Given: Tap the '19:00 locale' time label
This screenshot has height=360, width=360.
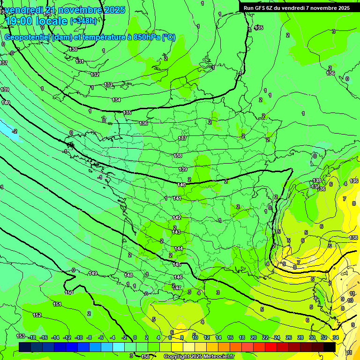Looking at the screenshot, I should (37, 21).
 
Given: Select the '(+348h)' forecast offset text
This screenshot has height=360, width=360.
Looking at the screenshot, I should (83, 21).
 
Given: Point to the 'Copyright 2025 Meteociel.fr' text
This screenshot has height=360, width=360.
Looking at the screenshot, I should (199, 356).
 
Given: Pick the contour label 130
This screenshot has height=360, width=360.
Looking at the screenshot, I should (73, 49).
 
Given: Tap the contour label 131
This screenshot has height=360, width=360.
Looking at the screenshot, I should (80, 61).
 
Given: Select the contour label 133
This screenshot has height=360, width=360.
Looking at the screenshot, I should (108, 84).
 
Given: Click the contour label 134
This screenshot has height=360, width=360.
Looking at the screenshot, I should (116, 100).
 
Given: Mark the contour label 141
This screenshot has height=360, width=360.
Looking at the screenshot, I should (177, 198).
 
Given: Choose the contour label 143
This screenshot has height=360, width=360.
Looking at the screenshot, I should (176, 232).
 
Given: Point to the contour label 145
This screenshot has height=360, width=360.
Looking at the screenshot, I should (177, 264).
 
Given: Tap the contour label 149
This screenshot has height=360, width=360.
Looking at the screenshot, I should (93, 273).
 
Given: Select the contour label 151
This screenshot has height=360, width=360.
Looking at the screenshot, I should (57, 304).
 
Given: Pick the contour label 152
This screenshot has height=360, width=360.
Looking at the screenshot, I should (37, 315).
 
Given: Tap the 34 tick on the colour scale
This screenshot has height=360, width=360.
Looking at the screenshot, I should (336, 337).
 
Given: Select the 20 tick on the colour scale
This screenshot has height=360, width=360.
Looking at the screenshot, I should (253, 337).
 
